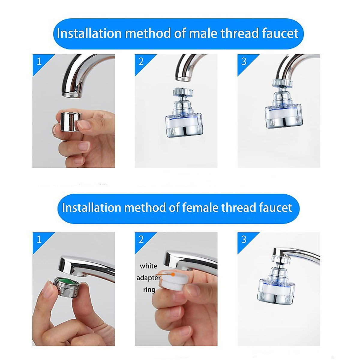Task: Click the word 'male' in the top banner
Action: tap(203, 33)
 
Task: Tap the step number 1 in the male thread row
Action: tap(39, 61)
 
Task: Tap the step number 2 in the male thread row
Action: tap(141, 61)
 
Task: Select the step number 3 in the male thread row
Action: tap(244, 61)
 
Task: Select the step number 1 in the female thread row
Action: tap(39, 239)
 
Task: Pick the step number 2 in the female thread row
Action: tap(141, 239)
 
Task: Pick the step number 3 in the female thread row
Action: tap(244, 239)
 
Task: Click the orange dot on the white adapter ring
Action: tap(173, 274)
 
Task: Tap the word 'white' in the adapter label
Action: tap(148, 266)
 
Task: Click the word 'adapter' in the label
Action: tap(148, 278)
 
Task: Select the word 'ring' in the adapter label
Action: tap(149, 290)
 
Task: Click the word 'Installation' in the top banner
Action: tap(89, 33)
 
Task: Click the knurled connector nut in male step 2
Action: tap(182, 92)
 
